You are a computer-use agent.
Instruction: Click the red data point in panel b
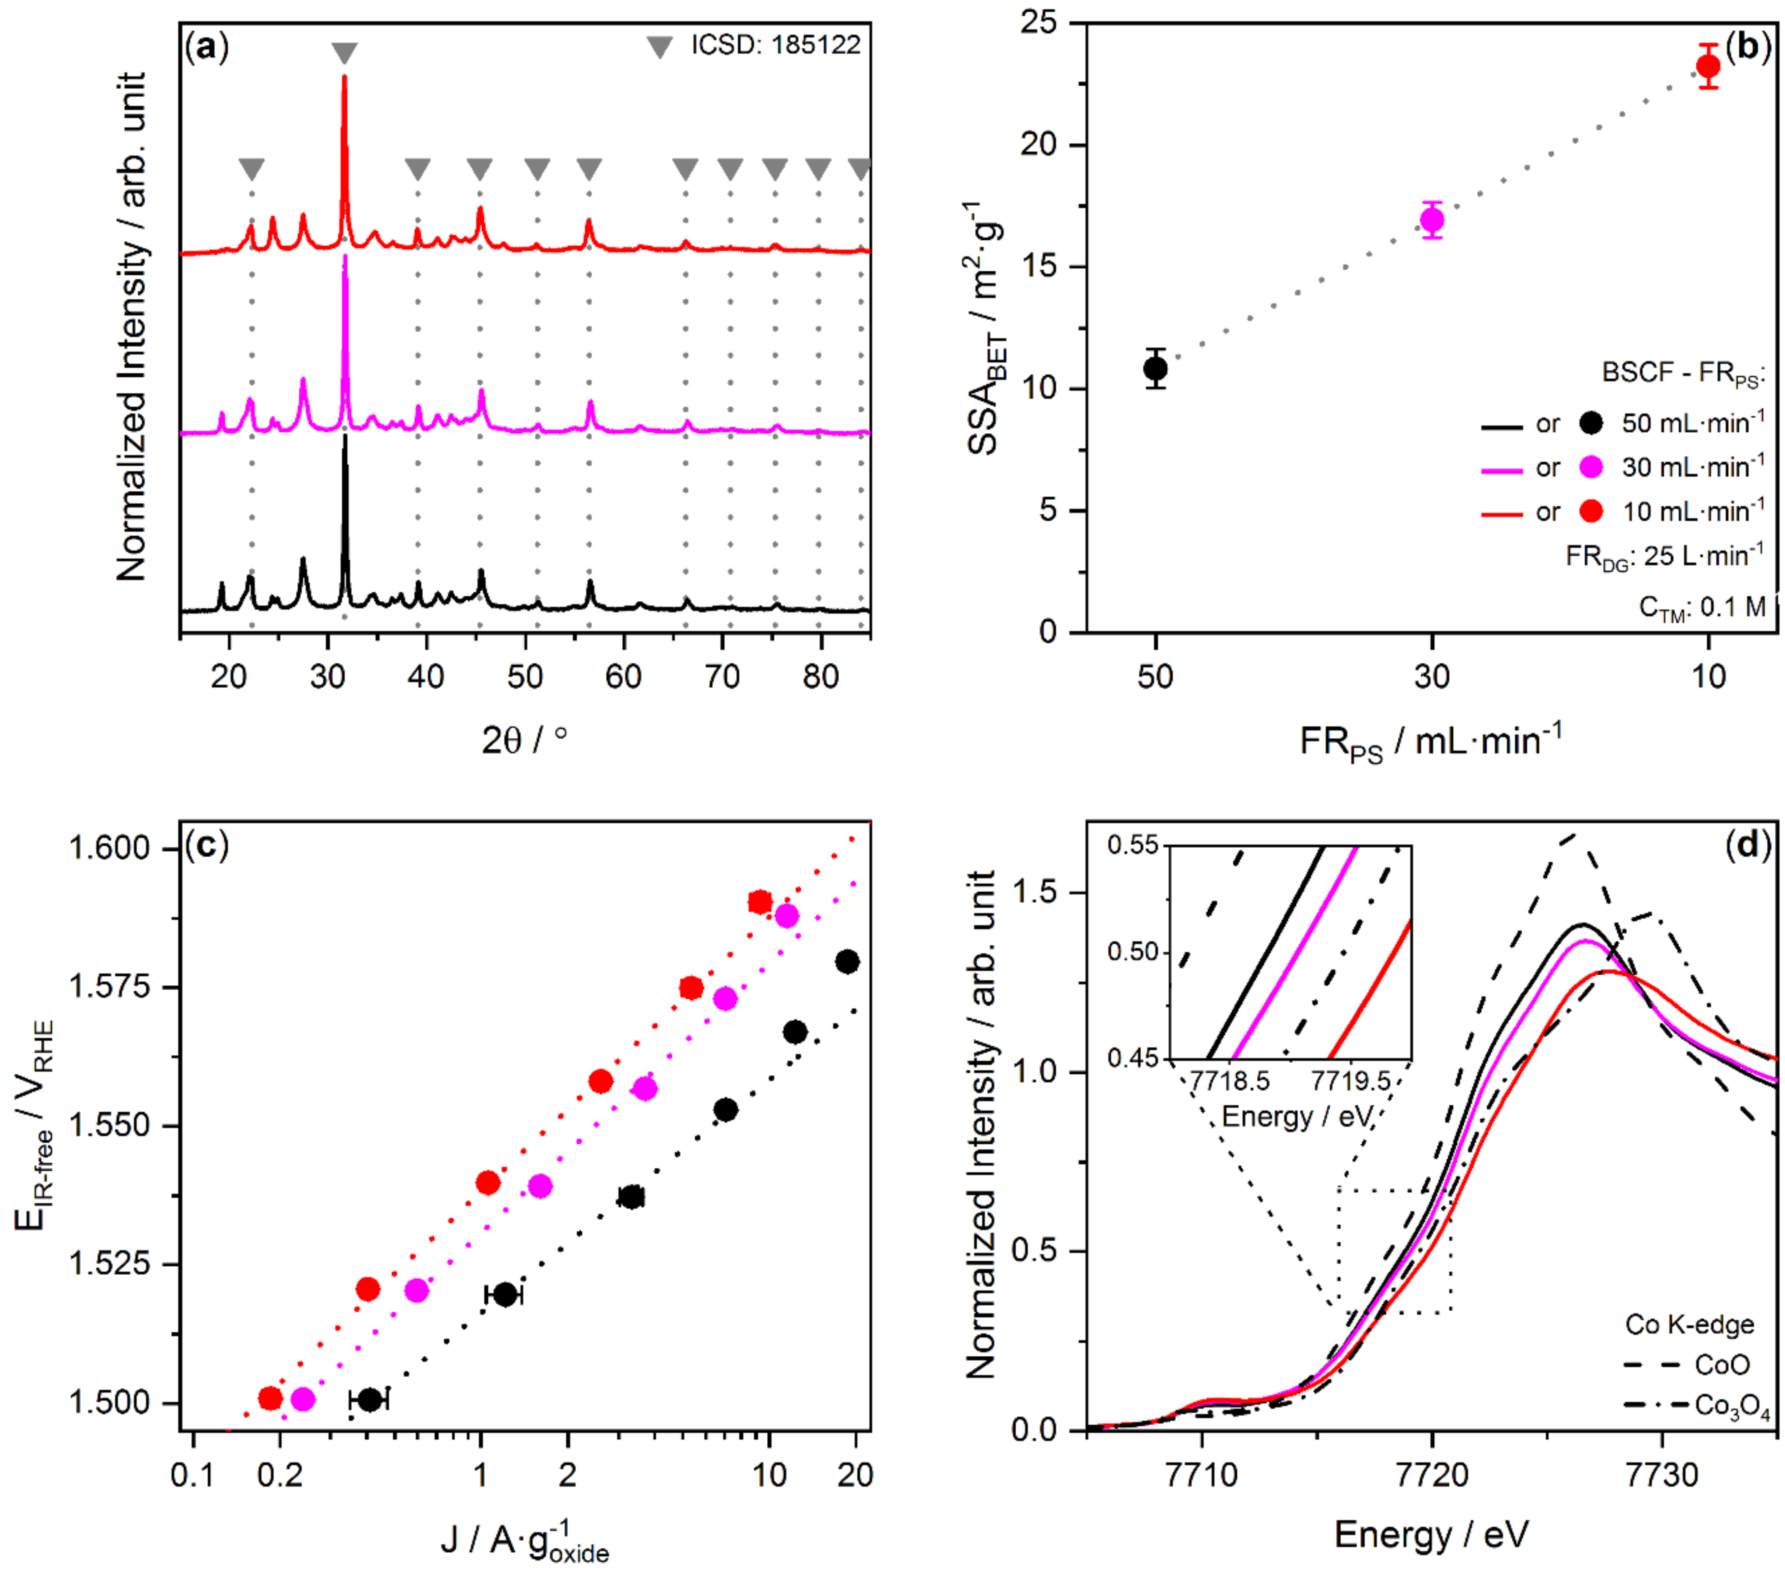(1708, 66)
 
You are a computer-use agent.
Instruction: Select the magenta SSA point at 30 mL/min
(1431, 220)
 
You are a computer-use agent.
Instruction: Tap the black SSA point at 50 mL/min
(1156, 369)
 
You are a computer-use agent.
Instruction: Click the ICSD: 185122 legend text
(776, 44)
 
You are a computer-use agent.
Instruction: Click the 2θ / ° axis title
(524, 740)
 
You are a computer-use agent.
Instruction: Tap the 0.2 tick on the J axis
(280, 1475)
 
